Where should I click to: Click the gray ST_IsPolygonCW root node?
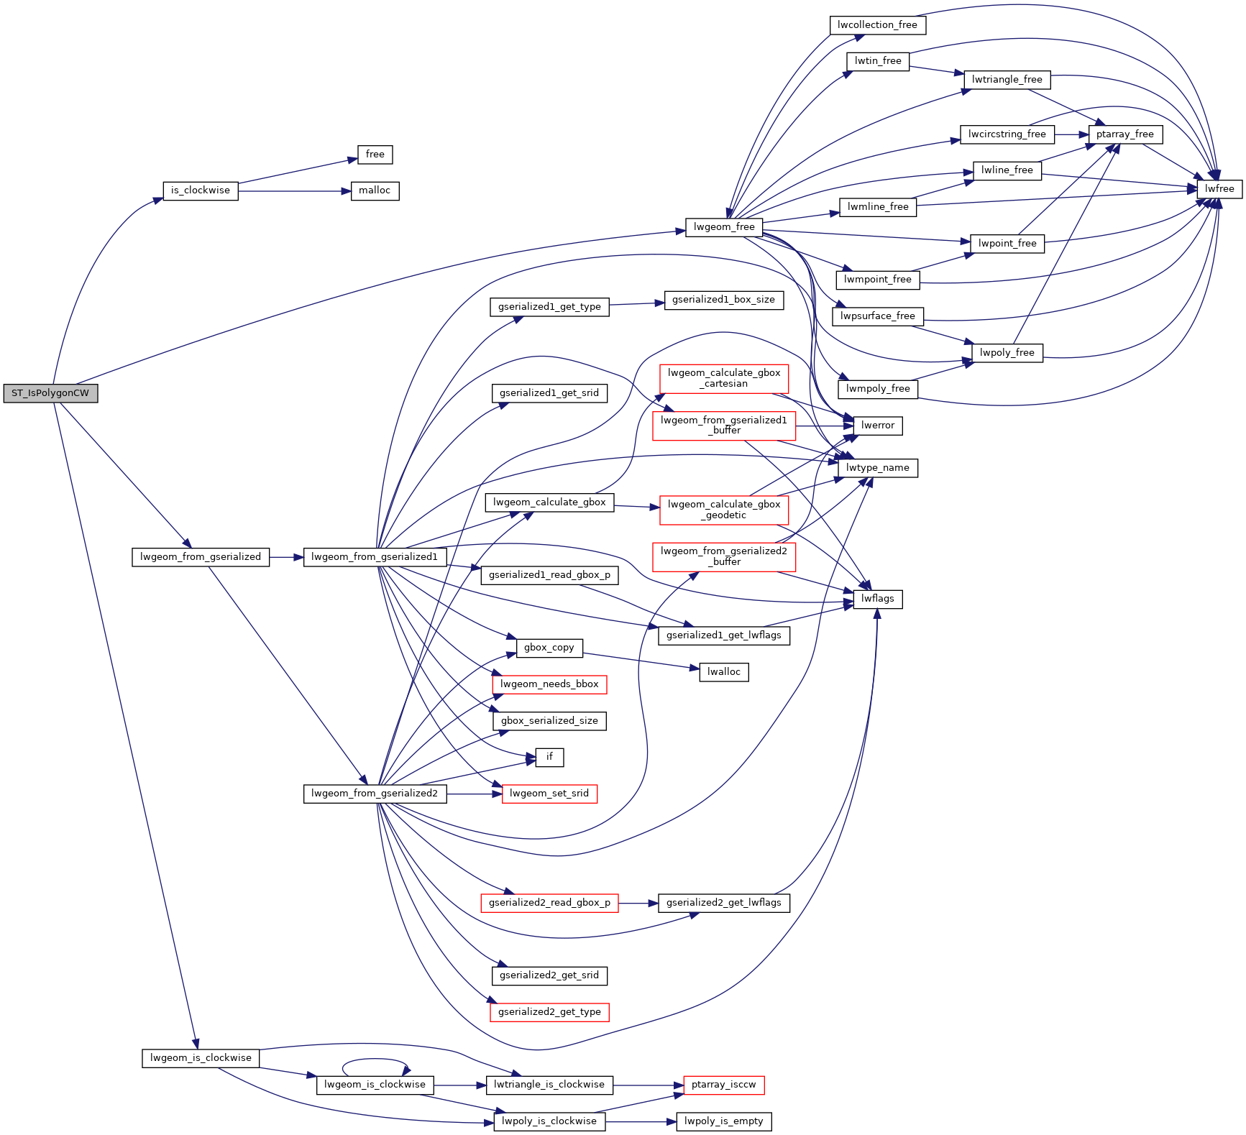click(50, 393)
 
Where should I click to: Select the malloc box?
click(375, 191)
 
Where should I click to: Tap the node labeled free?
click(375, 155)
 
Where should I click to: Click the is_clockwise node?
click(201, 191)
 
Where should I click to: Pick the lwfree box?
click(1219, 189)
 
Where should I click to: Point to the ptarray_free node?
click(1125, 134)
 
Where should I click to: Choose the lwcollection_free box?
click(877, 25)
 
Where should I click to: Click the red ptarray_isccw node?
click(724, 1085)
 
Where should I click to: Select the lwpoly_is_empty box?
click(724, 1122)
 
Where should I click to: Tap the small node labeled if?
click(549, 758)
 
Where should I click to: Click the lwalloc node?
click(724, 673)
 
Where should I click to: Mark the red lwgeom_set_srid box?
click(549, 794)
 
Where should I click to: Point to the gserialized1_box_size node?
click(724, 300)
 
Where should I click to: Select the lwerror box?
click(878, 426)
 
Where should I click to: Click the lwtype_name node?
click(878, 469)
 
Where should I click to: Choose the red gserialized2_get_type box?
click(549, 1013)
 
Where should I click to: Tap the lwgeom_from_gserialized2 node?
click(375, 794)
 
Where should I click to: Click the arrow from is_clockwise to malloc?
click(294, 191)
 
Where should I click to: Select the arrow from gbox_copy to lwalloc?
click(641, 662)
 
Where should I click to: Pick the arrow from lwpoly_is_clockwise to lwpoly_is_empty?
click(641, 1122)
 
